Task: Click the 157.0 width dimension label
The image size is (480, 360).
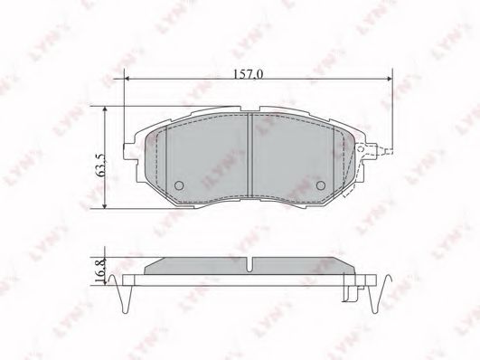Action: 248,74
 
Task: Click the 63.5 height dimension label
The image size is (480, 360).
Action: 100,165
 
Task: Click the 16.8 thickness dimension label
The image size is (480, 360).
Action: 100,270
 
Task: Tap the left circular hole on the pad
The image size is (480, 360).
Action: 179,185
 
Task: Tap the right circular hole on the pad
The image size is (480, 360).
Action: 321,185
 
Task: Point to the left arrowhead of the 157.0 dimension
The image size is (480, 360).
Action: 128,79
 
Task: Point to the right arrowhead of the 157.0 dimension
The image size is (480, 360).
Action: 389,79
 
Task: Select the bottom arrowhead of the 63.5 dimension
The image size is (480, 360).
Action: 105,205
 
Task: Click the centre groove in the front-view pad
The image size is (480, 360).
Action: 249,155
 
